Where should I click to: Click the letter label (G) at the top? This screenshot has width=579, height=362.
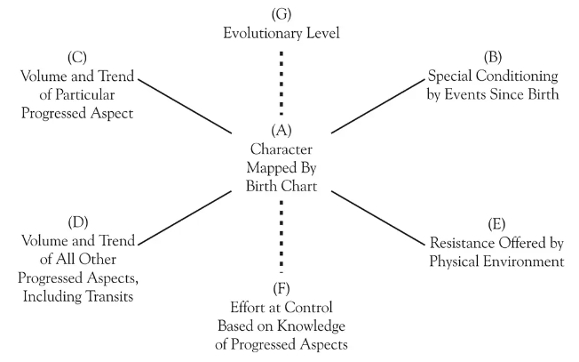tap(282, 14)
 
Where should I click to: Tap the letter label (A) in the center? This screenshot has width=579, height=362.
tap(282, 131)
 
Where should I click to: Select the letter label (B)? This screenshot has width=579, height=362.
tap(493, 57)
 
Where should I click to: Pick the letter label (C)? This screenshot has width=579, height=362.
tap(77, 58)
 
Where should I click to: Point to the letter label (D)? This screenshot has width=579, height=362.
tap(78, 222)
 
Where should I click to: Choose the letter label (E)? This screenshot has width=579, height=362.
tap(496, 224)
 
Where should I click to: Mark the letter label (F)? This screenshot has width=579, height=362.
tap(282, 289)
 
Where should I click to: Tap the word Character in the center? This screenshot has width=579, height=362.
tap(282, 149)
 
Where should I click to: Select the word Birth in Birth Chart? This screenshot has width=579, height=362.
tap(262, 186)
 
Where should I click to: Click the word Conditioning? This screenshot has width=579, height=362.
tap(517, 76)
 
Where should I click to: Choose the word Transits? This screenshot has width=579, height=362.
tap(109, 296)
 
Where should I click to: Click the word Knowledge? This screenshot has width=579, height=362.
tap(312, 326)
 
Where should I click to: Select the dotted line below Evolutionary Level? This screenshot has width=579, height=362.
tap(282, 84)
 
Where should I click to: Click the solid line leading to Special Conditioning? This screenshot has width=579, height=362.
tap(378, 106)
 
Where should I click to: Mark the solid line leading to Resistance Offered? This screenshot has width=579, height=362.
tap(378, 218)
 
